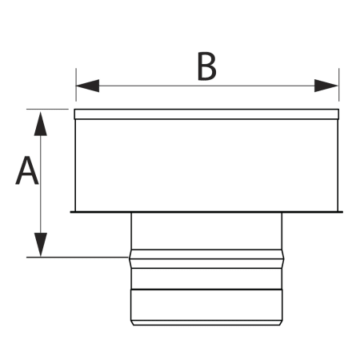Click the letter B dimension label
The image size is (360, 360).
(x=206, y=66)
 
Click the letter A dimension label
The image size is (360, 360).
(x=27, y=170)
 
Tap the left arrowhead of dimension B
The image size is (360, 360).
(x=87, y=86)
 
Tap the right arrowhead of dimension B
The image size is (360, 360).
(x=326, y=86)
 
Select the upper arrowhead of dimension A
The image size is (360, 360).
(x=41, y=124)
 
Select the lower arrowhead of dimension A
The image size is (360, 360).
(x=41, y=245)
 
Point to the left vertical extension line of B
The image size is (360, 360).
(x=76, y=85)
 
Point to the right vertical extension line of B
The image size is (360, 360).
(x=339, y=85)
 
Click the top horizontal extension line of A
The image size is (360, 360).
(x=47, y=109)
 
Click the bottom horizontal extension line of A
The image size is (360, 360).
(x=78, y=258)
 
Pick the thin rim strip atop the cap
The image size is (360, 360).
(x=206, y=114)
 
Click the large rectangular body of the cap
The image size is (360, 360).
(x=206, y=166)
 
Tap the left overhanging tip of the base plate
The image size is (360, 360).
(x=71, y=212)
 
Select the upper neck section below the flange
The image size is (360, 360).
(x=206, y=231)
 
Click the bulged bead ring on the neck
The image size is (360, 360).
(x=206, y=259)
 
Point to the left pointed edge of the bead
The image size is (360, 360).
(x=130, y=259)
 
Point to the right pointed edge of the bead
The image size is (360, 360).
(x=284, y=259)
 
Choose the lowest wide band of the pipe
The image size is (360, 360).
(x=206, y=305)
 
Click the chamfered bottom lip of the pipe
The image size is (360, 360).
(x=206, y=323)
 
